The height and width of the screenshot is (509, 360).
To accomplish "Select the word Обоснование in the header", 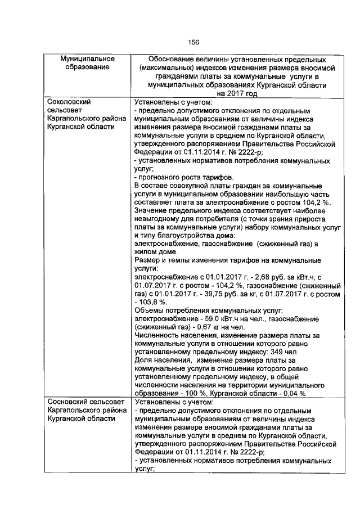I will (x=172, y=58).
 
